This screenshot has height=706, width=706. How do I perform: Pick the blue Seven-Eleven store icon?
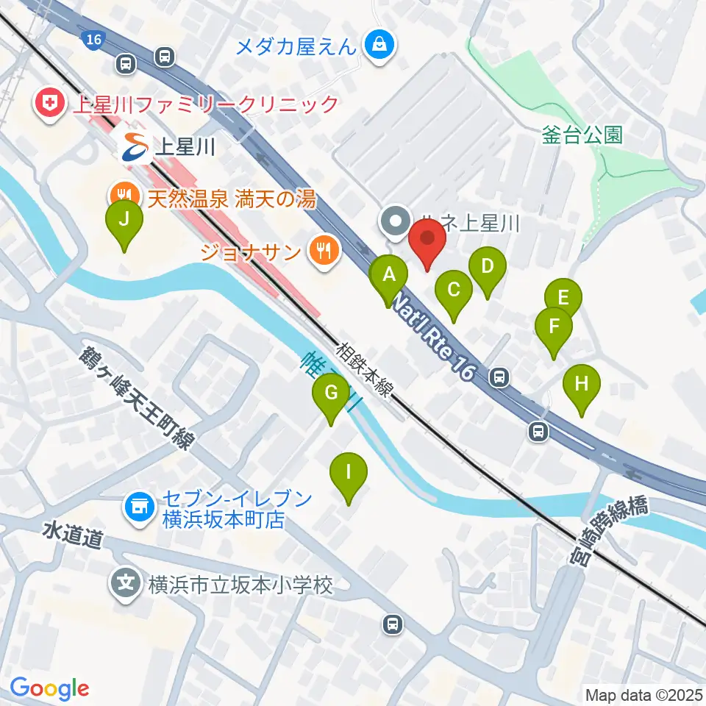137,507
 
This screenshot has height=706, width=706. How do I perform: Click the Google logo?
50,688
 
